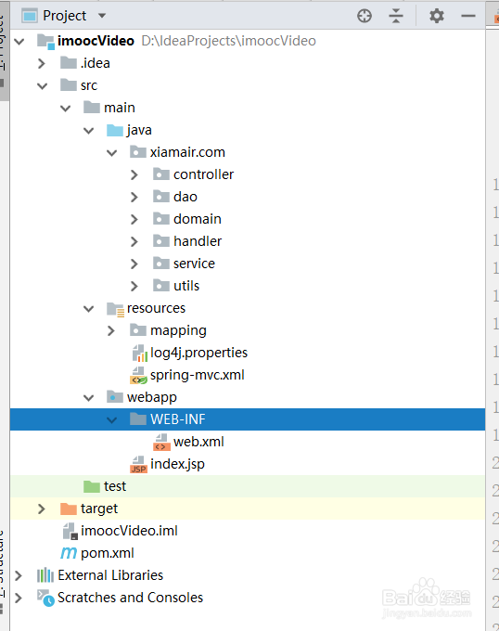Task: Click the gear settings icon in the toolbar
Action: coord(436,16)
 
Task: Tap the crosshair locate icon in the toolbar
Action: coord(365,16)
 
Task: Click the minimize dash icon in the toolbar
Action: coord(468,16)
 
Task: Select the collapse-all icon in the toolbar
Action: coord(396,16)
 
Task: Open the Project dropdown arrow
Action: coord(102,16)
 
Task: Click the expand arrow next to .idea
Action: coord(42,63)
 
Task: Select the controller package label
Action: coord(203,174)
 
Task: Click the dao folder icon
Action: coord(161,197)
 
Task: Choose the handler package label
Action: coord(198,241)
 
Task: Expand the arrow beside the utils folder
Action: coord(134,286)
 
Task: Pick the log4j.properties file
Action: coord(198,353)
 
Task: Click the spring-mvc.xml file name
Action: coord(197,375)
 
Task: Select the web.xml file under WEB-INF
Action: coord(198,442)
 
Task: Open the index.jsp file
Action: coord(177,464)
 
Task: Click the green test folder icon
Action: coord(92,486)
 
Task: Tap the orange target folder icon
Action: coord(69,509)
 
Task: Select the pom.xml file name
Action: coord(108,553)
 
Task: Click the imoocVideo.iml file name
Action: coord(129,531)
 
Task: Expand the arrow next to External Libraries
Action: coord(19,575)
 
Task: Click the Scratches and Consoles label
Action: coord(130,598)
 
